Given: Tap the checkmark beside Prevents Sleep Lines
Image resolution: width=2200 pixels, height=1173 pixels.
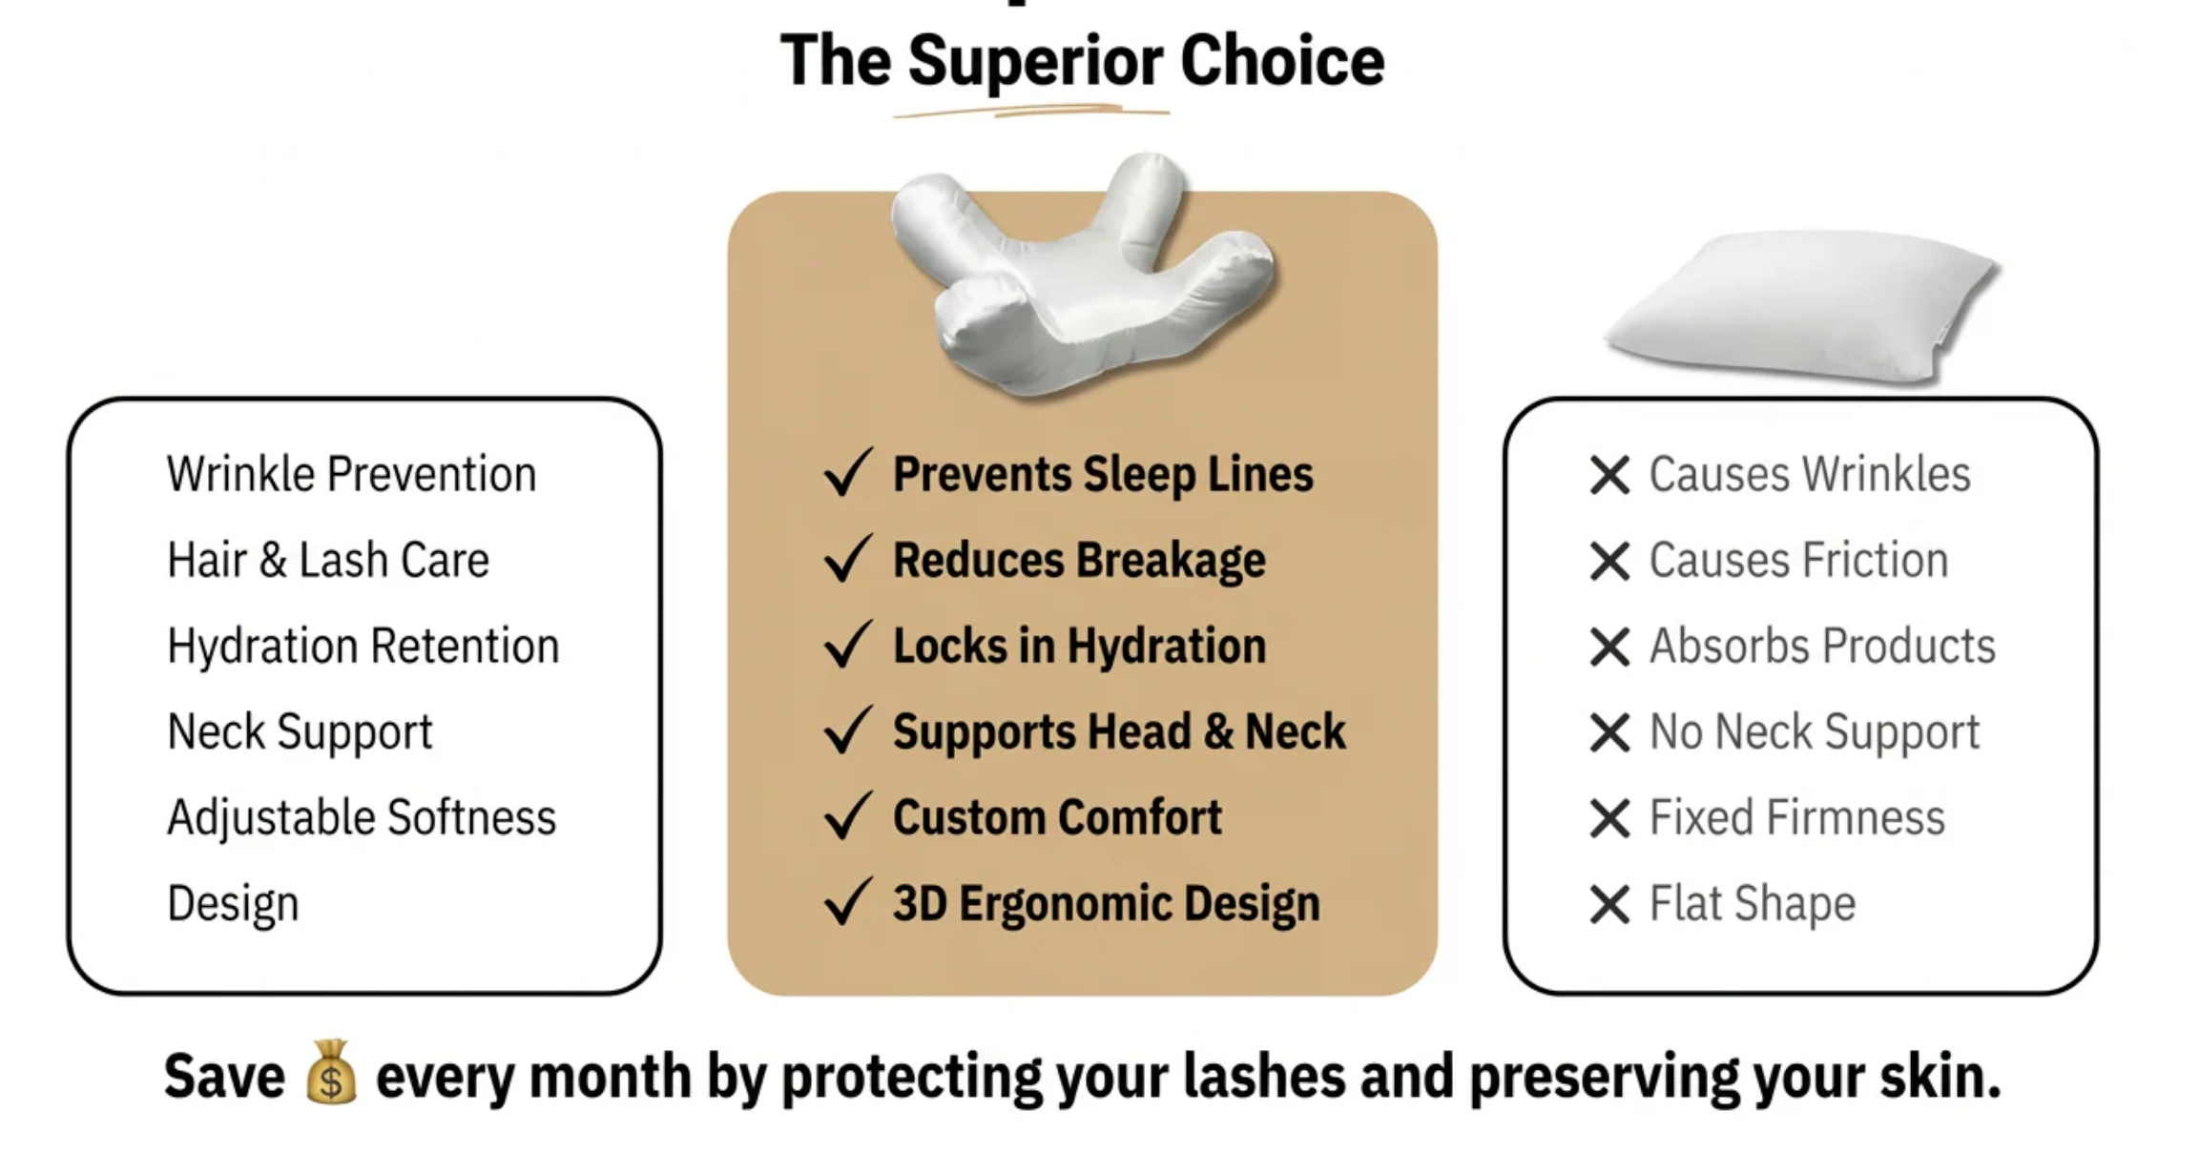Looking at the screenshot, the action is click(847, 473).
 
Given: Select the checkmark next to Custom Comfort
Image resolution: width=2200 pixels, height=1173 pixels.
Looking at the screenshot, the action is click(847, 816).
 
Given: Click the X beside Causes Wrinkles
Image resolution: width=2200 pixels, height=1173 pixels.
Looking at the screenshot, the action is click(1609, 475).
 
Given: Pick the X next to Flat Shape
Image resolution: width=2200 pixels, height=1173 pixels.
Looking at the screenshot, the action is click(1609, 904).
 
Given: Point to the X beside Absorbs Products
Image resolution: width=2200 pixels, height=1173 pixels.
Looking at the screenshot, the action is click(1609, 647).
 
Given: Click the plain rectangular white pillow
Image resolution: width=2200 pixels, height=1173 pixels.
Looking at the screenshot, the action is click(1801, 305).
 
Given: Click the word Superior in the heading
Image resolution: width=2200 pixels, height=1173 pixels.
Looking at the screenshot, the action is click(1035, 61).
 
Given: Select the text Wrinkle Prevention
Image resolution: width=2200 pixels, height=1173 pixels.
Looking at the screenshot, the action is click(351, 474).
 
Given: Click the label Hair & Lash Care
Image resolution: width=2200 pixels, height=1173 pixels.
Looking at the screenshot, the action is click(328, 560).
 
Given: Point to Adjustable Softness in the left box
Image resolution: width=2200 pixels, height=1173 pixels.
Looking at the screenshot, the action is click(362, 818).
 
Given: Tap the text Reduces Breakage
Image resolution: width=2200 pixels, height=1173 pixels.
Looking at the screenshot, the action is click(1079, 561).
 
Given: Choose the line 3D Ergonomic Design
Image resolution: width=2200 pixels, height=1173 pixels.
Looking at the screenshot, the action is click(1107, 904).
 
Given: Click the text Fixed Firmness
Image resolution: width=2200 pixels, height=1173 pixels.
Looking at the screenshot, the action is click(1797, 817).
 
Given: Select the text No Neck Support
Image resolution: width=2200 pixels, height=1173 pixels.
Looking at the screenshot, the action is click(1815, 732).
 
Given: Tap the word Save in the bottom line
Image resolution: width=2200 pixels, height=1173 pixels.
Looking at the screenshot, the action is click(224, 1076).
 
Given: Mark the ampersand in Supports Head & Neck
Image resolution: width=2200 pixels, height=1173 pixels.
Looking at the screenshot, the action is click(1218, 732).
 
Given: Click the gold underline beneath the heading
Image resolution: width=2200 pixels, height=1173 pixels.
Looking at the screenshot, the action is click(1031, 112).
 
